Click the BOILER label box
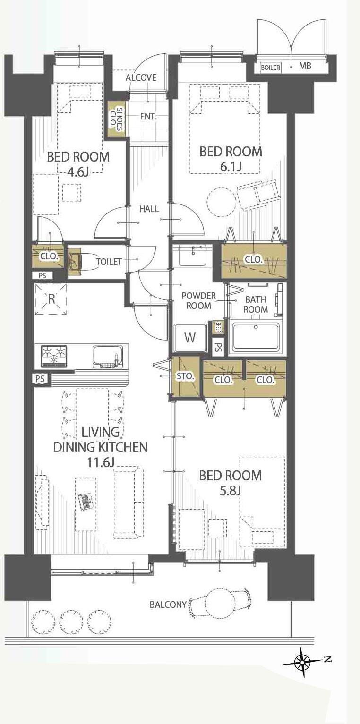point(270,68)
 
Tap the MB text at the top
point(305,66)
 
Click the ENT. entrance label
point(148,117)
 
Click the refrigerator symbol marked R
point(51,299)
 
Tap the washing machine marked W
point(190,338)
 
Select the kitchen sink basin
point(108,357)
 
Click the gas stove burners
point(54,356)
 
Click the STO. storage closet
point(185,376)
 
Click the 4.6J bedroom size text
point(78,172)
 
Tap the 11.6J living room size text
point(100,463)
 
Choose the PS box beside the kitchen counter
point(40,379)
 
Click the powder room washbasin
point(193,256)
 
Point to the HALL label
point(149,209)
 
